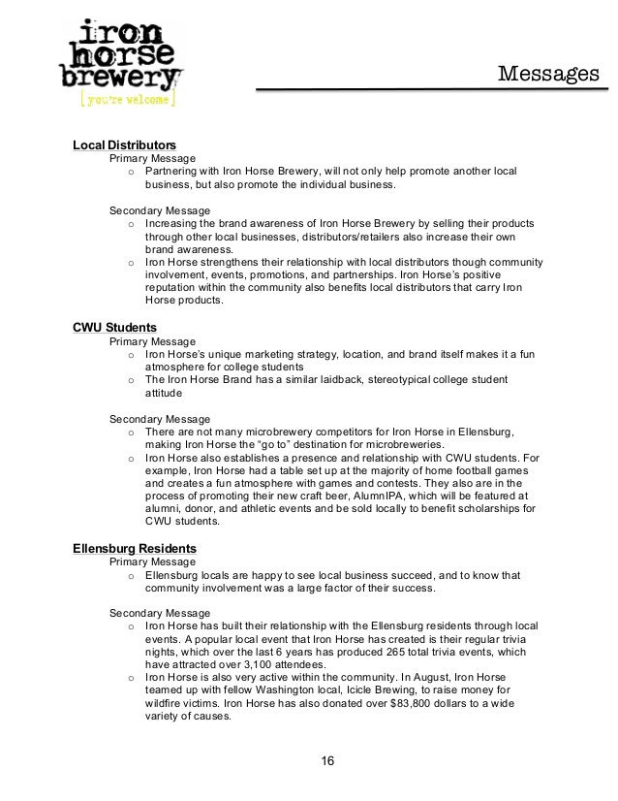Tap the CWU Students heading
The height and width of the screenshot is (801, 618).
pyautogui.click(x=114, y=328)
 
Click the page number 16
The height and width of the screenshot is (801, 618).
pyautogui.click(x=327, y=758)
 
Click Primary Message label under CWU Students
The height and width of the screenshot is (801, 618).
pyautogui.click(x=152, y=342)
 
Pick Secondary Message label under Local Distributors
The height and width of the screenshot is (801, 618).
pyautogui.click(x=160, y=209)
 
